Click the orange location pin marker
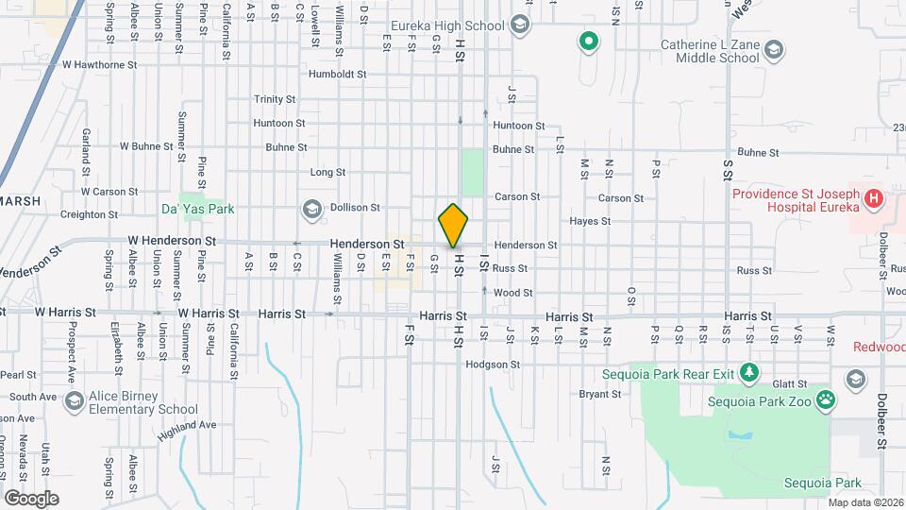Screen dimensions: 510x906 [453, 226]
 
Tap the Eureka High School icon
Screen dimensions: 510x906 [519, 25]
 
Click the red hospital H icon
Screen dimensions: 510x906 [874, 199]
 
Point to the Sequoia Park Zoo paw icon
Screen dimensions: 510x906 [826, 399]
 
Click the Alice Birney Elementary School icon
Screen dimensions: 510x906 [73, 402]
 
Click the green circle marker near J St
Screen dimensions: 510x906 [589, 42]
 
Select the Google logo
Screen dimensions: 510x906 [31, 498]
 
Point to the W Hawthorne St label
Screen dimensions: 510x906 [100, 65]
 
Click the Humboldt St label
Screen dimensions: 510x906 [337, 74]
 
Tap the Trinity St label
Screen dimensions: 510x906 [275, 99]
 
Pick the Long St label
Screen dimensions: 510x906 [327, 173]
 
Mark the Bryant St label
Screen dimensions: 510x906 [599, 394]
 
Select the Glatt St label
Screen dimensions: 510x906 [789, 384]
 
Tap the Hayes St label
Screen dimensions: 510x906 [590, 221]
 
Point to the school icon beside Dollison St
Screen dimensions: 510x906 [311, 208]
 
